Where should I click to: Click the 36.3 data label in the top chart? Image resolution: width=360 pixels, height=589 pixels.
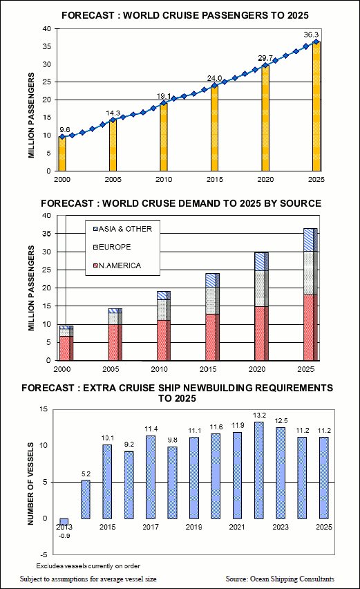[311, 35]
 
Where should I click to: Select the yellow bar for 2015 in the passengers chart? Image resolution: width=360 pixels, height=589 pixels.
[214, 129]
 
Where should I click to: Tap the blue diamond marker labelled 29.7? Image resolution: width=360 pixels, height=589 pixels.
[265, 66]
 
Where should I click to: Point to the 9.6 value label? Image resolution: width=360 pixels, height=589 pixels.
[64, 130]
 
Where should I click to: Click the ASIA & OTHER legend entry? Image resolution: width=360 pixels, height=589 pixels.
[122, 229]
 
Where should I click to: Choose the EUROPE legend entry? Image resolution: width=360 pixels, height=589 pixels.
[112, 247]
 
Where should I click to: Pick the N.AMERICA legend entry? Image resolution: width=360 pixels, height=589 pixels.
[117, 265]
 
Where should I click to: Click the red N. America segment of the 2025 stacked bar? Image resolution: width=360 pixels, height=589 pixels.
[310, 328]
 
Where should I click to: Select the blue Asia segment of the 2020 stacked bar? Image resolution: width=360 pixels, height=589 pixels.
[262, 261]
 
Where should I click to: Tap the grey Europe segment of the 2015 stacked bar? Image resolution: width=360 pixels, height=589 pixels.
[212, 301]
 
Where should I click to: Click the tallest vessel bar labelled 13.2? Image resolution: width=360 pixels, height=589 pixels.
[259, 470]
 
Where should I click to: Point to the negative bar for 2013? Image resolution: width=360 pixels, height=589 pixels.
[64, 522]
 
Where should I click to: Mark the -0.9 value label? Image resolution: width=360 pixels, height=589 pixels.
[64, 536]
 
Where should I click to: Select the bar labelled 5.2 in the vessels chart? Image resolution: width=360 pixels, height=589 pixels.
[86, 500]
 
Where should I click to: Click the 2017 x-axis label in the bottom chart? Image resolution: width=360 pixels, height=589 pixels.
[151, 527]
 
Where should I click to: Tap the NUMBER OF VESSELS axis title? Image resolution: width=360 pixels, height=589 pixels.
[30, 484]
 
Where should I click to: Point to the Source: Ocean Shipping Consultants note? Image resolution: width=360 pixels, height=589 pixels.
[280, 579]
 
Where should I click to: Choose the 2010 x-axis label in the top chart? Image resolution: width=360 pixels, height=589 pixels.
[164, 180]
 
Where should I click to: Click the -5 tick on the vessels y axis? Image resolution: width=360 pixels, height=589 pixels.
[44, 555]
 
